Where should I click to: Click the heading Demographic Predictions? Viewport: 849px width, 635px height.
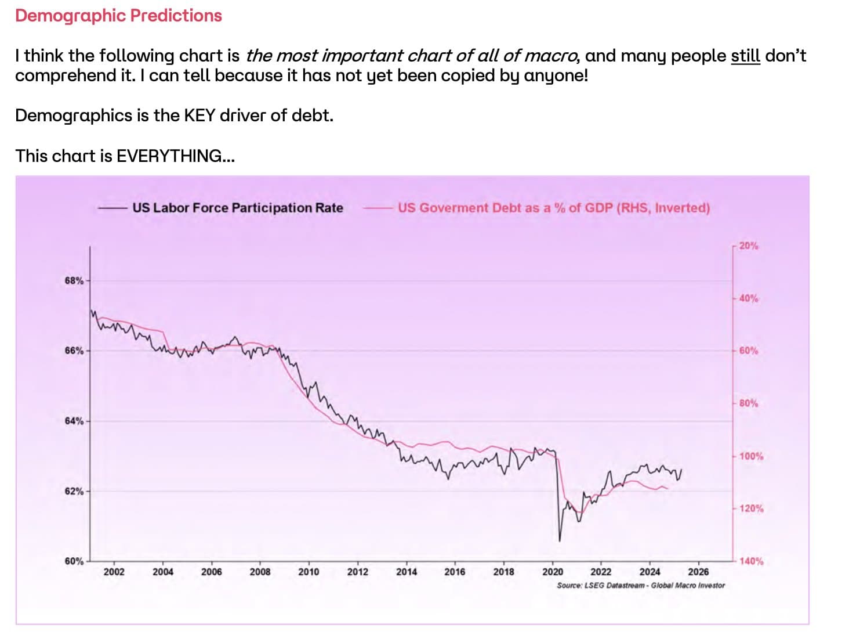[118, 16]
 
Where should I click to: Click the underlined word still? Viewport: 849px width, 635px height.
[745, 56]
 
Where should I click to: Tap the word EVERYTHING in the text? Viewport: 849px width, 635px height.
[169, 156]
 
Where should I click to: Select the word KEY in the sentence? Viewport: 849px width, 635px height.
[199, 116]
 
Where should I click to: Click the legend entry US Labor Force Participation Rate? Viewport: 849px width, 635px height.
[237, 208]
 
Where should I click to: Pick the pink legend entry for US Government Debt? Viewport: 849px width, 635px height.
[553, 208]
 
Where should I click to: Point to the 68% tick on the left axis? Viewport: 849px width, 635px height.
[74, 281]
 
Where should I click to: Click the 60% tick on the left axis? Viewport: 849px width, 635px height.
[74, 561]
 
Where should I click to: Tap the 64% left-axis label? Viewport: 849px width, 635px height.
[74, 421]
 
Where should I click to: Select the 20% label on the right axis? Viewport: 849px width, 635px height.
[748, 246]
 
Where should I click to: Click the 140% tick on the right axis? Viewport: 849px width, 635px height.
[751, 561]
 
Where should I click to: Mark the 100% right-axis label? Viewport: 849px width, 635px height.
[751, 456]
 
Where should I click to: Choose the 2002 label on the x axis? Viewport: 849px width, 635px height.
[114, 572]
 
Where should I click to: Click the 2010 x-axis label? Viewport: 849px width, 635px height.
[309, 572]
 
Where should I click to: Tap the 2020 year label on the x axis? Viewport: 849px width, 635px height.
[552, 572]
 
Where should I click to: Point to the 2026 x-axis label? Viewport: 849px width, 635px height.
[698, 572]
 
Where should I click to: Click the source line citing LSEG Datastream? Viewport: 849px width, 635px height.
[640, 585]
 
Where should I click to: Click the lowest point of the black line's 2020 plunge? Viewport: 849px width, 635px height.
[560, 541]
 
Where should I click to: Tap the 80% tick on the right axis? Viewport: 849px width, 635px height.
[748, 403]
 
